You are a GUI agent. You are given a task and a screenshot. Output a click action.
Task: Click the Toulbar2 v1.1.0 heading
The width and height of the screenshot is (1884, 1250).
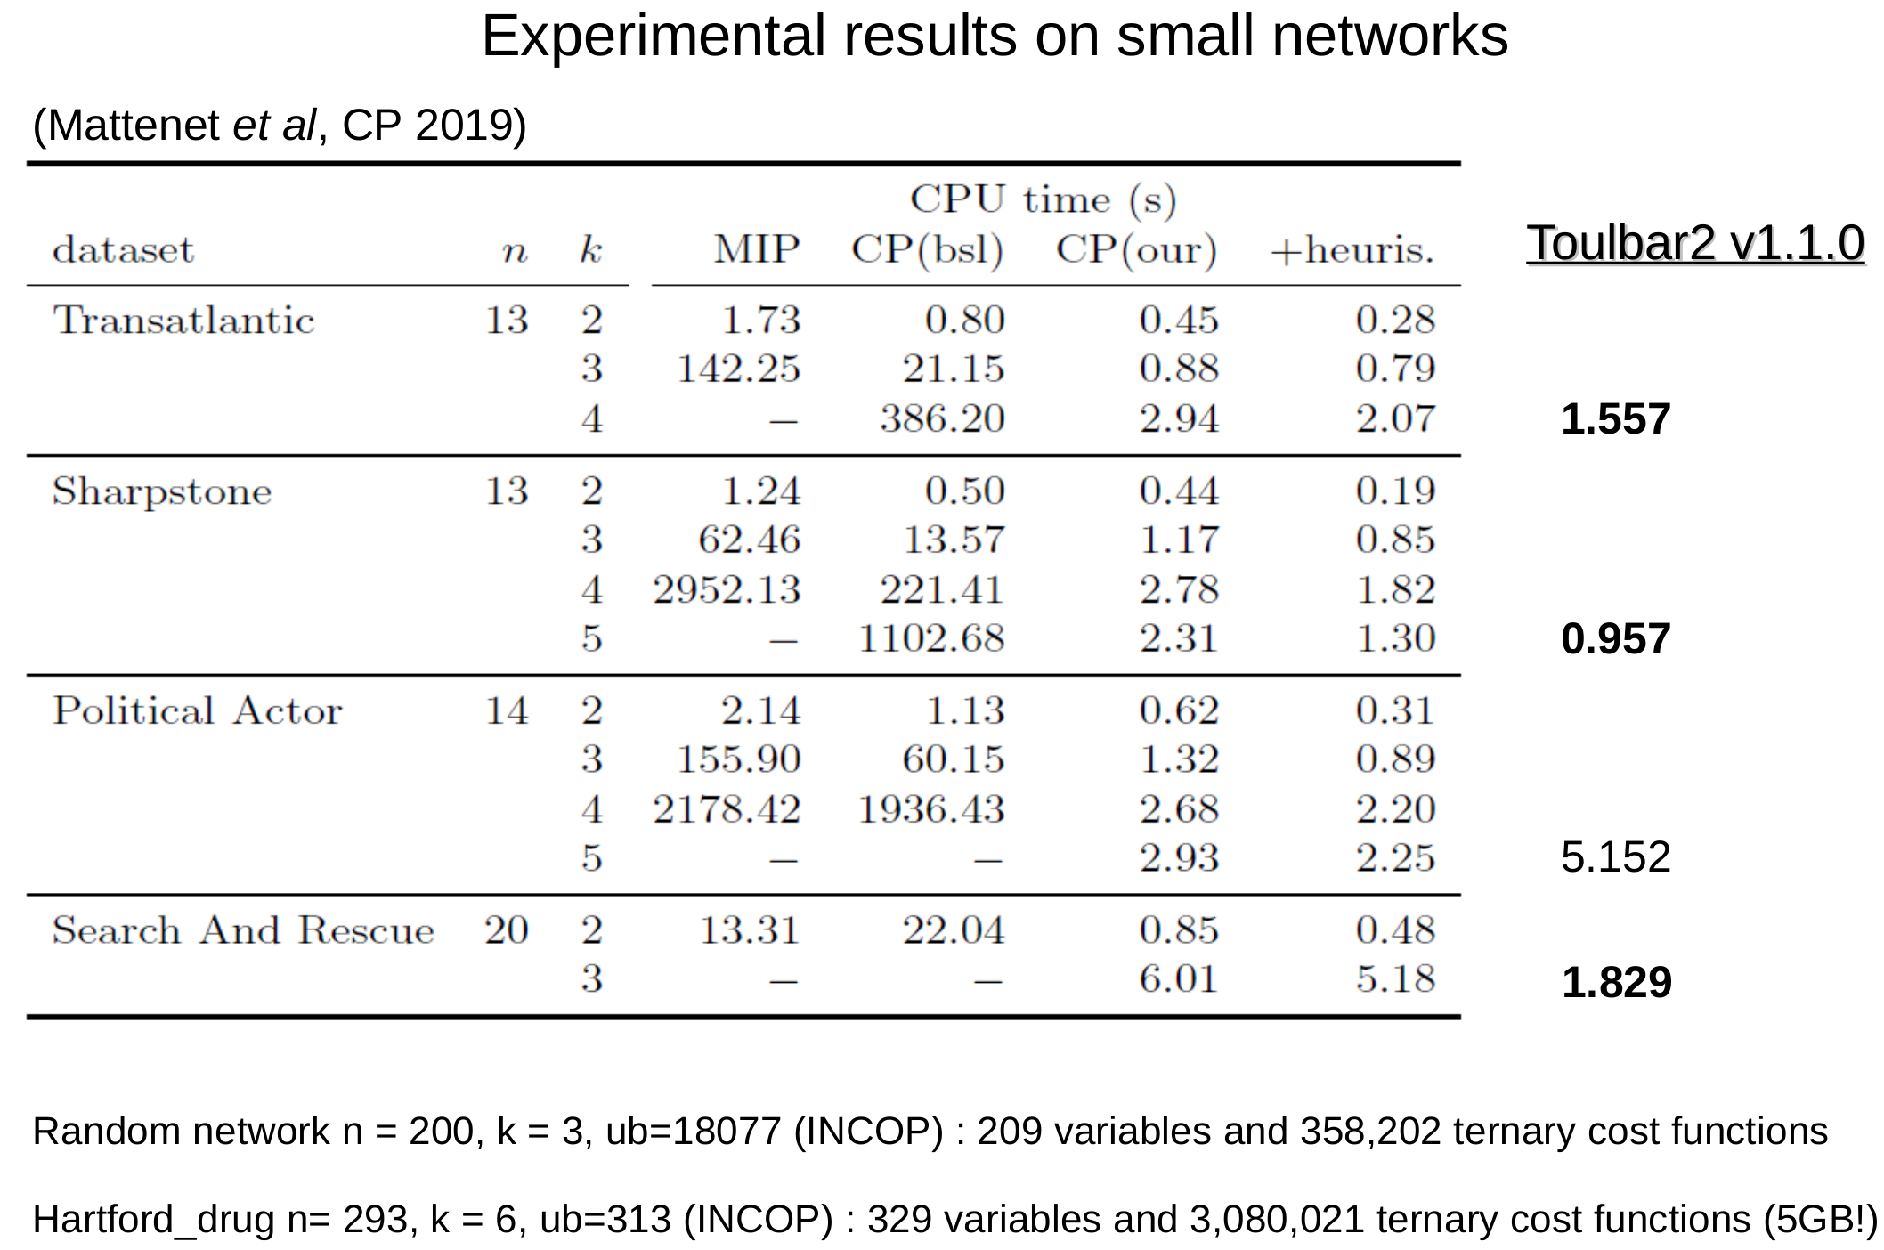pyautogui.click(x=1694, y=243)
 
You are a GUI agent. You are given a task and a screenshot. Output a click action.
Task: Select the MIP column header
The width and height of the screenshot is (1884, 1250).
pyautogui.click(x=756, y=249)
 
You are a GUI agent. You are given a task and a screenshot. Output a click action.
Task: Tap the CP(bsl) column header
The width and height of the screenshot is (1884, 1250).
pyautogui.click(x=927, y=250)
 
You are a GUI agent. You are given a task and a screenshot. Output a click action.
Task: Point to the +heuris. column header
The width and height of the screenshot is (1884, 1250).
pyautogui.click(x=1352, y=250)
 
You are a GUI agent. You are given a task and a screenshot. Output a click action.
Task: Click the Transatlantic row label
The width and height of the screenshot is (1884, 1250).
pyautogui.click(x=183, y=321)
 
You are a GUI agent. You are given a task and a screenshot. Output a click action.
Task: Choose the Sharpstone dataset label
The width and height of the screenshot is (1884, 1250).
pyautogui.click(x=162, y=491)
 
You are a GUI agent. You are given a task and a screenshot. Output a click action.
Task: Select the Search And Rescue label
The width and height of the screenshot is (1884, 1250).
pyautogui.click(x=243, y=930)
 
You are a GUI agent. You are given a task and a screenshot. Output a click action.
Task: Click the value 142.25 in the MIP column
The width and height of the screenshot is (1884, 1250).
pyautogui.click(x=738, y=369)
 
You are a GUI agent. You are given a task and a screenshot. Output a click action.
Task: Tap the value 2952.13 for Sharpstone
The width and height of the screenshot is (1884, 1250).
pyautogui.click(x=727, y=589)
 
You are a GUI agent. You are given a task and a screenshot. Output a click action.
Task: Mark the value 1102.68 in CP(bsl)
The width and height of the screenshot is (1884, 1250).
pyautogui.click(x=930, y=638)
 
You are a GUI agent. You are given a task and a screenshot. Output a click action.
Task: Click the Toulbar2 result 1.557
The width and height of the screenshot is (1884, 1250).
pyautogui.click(x=1615, y=419)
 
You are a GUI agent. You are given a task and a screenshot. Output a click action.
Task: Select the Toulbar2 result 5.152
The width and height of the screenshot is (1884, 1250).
pyautogui.click(x=1615, y=857)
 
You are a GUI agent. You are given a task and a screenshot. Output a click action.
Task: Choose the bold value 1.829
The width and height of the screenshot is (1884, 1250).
pyautogui.click(x=1616, y=983)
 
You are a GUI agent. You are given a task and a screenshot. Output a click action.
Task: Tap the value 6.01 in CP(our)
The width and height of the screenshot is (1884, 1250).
pyautogui.click(x=1177, y=979)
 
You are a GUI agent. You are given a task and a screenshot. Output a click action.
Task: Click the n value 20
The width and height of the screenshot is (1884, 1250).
pyautogui.click(x=506, y=930)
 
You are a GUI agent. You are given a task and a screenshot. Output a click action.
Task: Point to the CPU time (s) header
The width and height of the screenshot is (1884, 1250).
pyautogui.click(x=1043, y=199)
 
